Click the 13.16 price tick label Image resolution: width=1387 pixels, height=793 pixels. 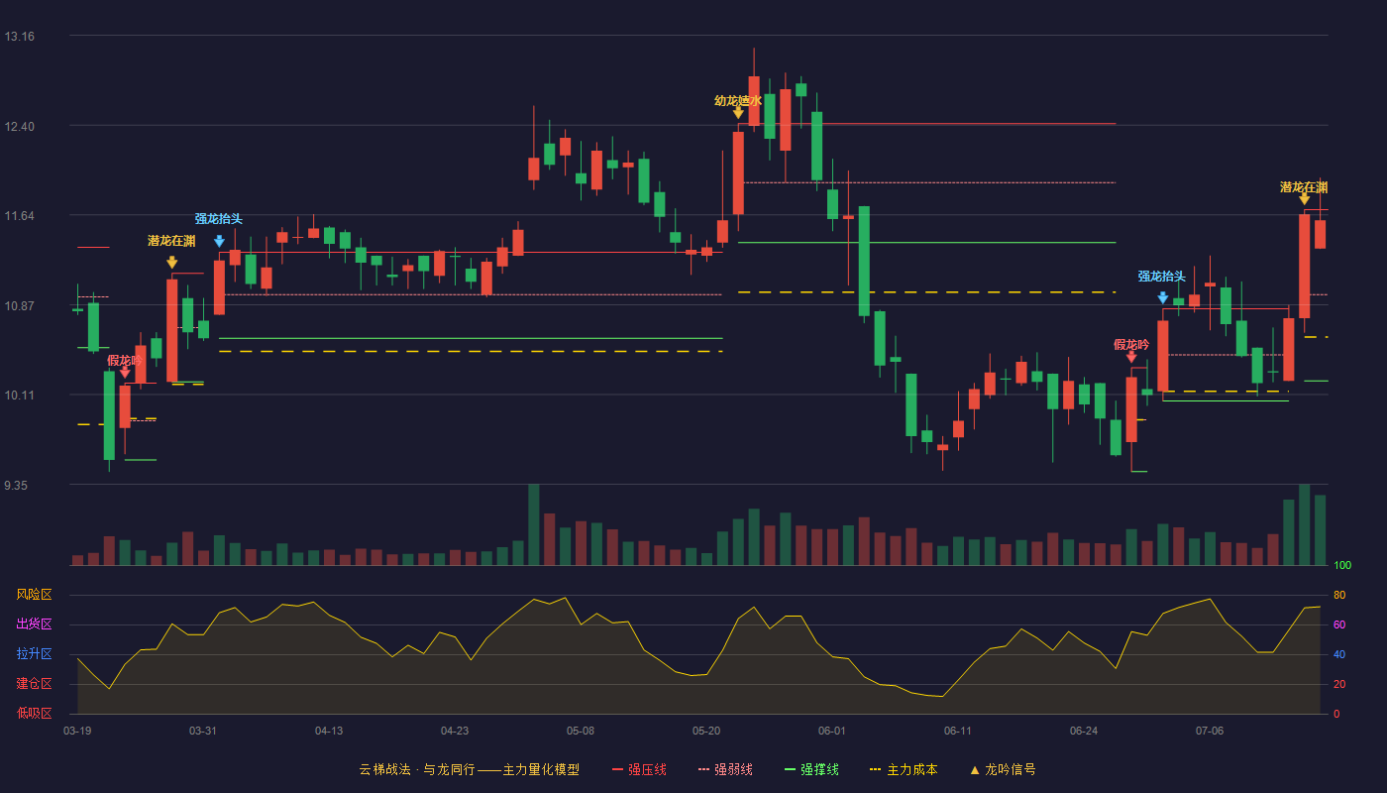tap(20, 37)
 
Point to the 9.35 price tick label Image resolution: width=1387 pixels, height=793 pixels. tap(16, 486)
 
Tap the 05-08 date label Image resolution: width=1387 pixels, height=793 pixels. tap(581, 732)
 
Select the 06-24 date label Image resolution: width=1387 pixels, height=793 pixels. tap(1084, 732)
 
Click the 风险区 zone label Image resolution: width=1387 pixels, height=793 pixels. tap(34, 595)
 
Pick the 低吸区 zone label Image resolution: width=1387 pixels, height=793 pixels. tap(34, 714)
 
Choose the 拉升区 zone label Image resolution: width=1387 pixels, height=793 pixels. tap(34, 654)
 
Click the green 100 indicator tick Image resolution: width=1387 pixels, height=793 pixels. tap(1342, 565)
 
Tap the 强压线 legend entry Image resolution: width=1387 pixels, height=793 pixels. tap(639, 770)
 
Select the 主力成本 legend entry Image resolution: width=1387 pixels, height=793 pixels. tap(904, 770)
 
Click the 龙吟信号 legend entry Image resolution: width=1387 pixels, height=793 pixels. tap(1003, 770)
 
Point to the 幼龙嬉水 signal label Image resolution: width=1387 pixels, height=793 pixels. tap(737, 101)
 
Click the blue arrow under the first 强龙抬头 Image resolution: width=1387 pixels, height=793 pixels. tap(219, 241)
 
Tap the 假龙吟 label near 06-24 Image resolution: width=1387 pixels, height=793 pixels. tap(1131, 345)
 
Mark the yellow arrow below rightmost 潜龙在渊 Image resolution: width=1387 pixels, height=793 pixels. tap(1304, 199)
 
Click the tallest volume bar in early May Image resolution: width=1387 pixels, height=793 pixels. tap(533, 524)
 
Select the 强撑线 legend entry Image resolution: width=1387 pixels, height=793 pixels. tap(811, 770)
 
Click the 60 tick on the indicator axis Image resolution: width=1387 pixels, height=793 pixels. tap(1339, 624)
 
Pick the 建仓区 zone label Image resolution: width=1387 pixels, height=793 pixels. tap(34, 684)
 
